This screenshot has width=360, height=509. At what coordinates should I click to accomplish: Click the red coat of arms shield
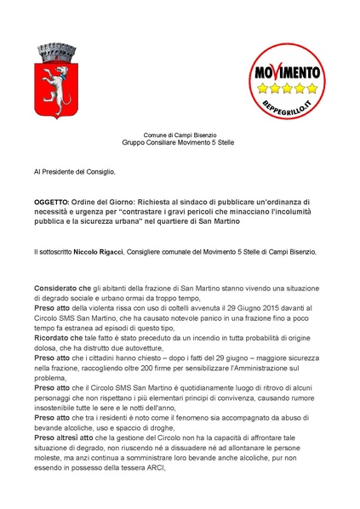[60, 82]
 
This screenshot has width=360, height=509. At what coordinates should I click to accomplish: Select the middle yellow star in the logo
[288, 87]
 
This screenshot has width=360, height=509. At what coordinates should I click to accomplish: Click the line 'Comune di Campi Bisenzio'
[180, 135]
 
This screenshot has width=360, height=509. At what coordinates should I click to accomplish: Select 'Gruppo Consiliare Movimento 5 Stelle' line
[180, 144]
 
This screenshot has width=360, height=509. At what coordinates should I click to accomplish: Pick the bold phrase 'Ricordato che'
[59, 334]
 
